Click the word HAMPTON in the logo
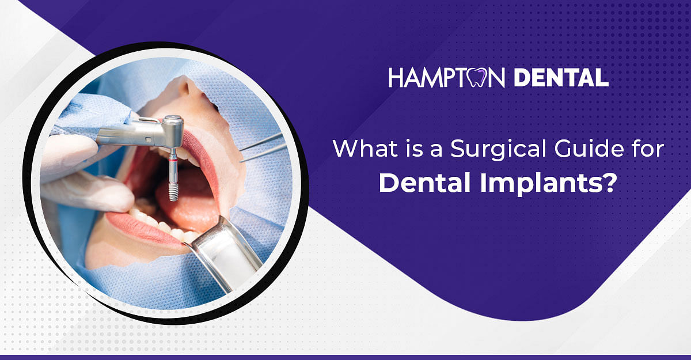click(447, 78)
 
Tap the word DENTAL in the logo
click(561, 78)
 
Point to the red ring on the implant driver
click(173, 160)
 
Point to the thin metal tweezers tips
click(262, 148)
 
